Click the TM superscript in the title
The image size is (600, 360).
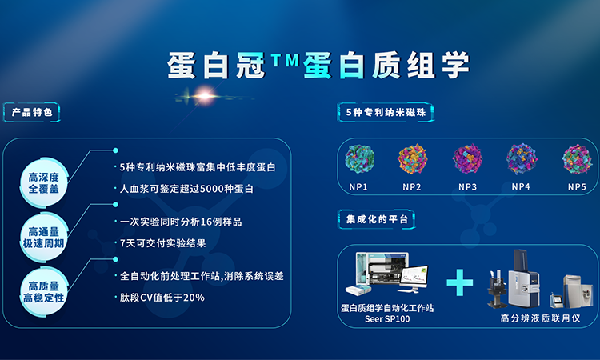[285, 61]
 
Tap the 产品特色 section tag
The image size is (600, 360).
[32, 113]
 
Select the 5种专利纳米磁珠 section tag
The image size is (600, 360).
[386, 113]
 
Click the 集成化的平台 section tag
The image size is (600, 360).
[377, 219]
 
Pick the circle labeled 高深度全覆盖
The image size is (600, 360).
[44, 183]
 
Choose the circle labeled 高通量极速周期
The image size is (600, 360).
[44, 238]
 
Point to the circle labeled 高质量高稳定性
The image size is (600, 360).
[44, 291]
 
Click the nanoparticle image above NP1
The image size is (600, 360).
[359, 159]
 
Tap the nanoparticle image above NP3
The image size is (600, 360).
[468, 159]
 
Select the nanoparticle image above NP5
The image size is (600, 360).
[577, 159]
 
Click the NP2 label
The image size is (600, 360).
[412, 187]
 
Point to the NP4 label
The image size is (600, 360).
[521, 186]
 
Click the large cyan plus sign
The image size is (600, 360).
[459, 282]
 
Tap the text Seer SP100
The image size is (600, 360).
[387, 319]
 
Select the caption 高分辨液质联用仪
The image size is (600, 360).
[540, 318]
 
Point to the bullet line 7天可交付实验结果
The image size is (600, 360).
[163, 243]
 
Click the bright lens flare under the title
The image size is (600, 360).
[205, 96]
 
